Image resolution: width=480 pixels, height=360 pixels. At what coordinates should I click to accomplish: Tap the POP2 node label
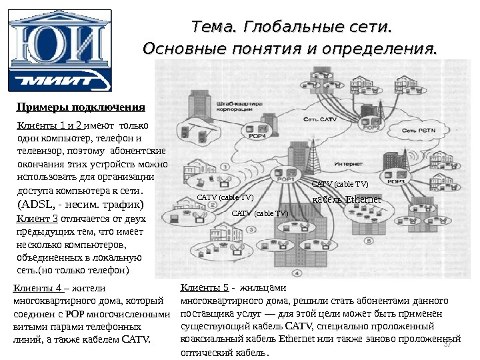[372, 127]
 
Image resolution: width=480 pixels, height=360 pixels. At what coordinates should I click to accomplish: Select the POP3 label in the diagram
[397, 181]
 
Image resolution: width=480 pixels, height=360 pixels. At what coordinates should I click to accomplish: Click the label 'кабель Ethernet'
[346, 199]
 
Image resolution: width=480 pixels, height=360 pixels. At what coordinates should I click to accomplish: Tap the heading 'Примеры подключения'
[80, 107]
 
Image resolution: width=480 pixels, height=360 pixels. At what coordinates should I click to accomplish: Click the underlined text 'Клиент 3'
[36, 219]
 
